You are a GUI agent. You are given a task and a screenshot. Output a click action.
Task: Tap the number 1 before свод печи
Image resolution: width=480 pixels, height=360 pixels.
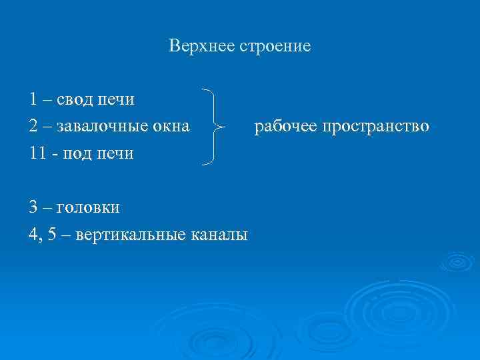point(33,99)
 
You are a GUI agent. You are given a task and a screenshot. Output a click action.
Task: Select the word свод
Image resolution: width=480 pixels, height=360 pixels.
point(75,99)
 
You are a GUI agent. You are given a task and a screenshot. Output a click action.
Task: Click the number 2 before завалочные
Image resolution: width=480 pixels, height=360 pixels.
point(33,126)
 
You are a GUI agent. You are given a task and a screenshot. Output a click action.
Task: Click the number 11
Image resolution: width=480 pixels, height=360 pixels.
point(37,153)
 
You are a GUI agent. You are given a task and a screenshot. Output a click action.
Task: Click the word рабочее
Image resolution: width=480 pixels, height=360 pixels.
point(285,126)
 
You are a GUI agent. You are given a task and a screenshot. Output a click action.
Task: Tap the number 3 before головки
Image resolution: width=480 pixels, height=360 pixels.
point(33,207)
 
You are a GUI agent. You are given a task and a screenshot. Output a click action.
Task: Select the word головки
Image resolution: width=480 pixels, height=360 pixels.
point(88,207)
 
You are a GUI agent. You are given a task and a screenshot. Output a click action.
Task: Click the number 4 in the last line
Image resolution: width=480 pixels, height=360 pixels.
point(33,235)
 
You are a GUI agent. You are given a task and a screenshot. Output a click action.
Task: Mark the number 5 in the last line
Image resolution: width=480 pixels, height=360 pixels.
point(51,235)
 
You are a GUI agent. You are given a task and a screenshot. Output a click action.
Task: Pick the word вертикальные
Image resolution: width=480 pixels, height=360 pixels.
point(129,235)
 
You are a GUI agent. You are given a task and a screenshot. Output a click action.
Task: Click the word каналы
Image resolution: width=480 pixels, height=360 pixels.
point(219,235)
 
